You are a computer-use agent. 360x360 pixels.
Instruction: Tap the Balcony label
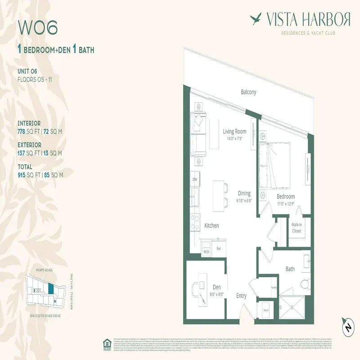[248, 92]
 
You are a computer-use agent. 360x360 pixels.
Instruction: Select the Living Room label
[234, 131]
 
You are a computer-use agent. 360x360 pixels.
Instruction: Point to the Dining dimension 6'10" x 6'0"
[244, 201]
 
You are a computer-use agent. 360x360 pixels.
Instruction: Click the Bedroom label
[285, 197]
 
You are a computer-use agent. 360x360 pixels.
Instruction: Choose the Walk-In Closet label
[297, 228]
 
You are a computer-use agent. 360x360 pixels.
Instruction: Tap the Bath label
[290, 269]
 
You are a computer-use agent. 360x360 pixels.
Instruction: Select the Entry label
[242, 296]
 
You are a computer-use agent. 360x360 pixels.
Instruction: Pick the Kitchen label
[211, 225]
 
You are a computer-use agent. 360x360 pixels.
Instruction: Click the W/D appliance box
[206, 252]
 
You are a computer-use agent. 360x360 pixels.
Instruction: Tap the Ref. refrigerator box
[219, 248]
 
